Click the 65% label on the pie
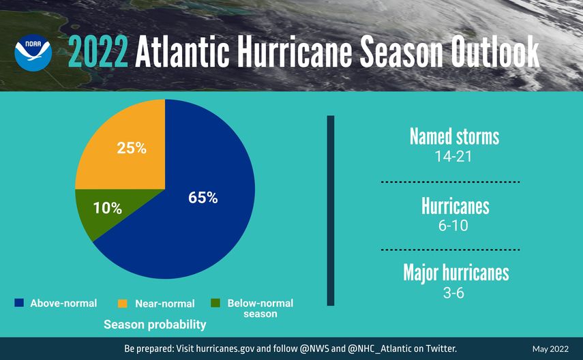203,198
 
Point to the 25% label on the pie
132,147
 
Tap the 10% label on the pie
107,209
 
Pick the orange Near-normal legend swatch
123,303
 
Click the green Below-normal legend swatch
215,303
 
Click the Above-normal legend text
63,303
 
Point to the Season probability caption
155,325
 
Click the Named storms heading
454,136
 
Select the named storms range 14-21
454,156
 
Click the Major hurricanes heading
455,273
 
